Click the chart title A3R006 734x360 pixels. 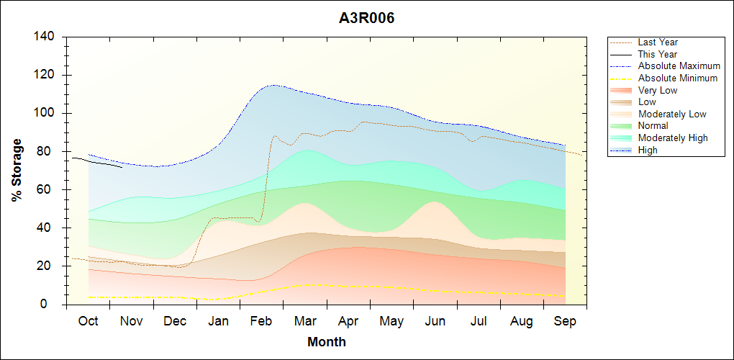click(367, 18)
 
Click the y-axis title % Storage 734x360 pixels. click(17, 170)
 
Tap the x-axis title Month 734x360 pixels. click(326, 342)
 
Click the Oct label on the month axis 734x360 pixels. click(88, 322)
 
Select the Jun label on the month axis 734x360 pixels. click(435, 322)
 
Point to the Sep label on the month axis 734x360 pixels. click(565, 322)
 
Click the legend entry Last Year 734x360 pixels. click(658, 42)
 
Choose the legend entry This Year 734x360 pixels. click(658, 54)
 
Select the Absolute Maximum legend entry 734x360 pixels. click(679, 66)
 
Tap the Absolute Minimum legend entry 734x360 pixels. click(678, 78)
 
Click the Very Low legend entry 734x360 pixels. click(658, 90)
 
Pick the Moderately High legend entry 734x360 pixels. click(673, 138)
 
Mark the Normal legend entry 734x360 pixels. click(653, 126)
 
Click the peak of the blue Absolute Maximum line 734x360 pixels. click(273, 85)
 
